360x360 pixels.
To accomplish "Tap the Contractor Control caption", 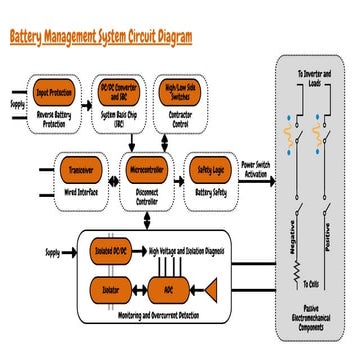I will (181, 120).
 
